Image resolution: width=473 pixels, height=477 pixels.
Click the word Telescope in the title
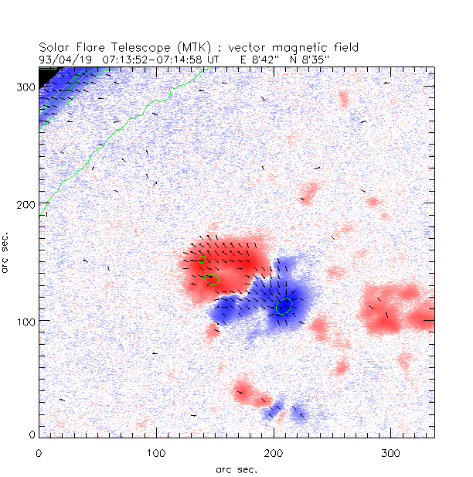[x=133, y=48]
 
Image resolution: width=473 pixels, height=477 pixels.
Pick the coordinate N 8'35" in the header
[x=313, y=58]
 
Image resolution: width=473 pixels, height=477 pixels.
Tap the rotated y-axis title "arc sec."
[x=7, y=252]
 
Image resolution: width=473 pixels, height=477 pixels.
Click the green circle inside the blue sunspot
[x=284, y=307]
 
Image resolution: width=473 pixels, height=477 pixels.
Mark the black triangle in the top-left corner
[x=47, y=75]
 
